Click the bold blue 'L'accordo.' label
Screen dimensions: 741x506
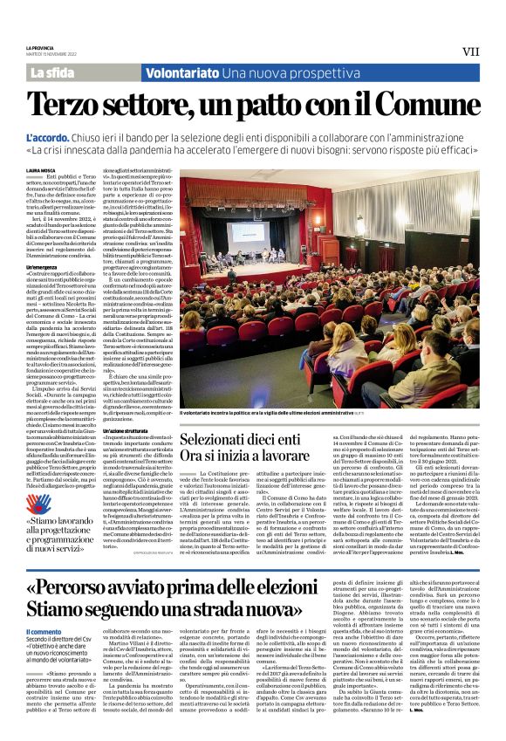coord(75,139)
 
